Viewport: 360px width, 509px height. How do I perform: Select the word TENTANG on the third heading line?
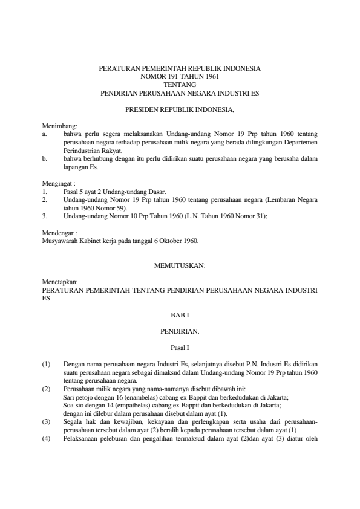pyautogui.click(x=180, y=85)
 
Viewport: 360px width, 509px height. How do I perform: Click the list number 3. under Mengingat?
pyautogui.click(x=45, y=215)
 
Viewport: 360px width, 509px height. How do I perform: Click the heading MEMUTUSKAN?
pyautogui.click(x=180, y=265)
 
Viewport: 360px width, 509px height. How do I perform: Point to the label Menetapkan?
pyautogui.click(x=57, y=282)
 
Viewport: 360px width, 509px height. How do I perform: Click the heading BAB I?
pyautogui.click(x=180, y=315)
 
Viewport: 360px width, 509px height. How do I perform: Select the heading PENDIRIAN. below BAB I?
pyautogui.click(x=180, y=331)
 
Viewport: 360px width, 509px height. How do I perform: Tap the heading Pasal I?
pyautogui.click(x=180, y=348)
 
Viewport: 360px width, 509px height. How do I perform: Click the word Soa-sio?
pyautogui.click(x=73, y=405)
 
